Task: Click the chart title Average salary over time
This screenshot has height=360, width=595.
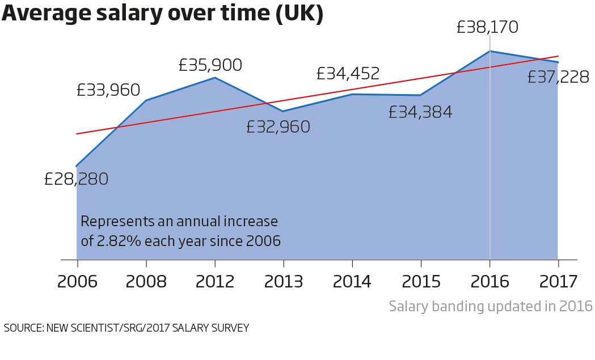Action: tap(162, 14)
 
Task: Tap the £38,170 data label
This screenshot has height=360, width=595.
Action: tap(487, 27)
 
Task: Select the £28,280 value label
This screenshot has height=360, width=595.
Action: tap(76, 179)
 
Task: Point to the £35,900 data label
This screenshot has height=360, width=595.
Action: tap(210, 65)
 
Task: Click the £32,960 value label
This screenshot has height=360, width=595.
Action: tap(278, 126)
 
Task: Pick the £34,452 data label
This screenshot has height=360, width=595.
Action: tap(348, 74)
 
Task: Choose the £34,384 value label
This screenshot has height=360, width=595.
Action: tap(420, 112)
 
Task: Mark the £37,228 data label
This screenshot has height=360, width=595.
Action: tap(558, 77)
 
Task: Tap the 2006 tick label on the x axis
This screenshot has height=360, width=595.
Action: tap(77, 281)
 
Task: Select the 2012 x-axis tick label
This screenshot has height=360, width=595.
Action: tap(214, 281)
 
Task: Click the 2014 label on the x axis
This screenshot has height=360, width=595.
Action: tap(352, 281)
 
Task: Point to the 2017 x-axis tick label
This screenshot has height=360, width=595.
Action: tap(558, 281)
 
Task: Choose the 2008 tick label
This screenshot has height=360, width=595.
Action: tap(146, 281)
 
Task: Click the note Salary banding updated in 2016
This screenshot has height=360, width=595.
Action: tap(491, 307)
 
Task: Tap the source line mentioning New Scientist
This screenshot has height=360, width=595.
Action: tap(126, 328)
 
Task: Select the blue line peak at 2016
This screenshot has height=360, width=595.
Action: tap(489, 51)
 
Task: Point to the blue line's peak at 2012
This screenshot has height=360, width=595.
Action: tap(214, 78)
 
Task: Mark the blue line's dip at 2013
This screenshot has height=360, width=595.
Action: tap(283, 111)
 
